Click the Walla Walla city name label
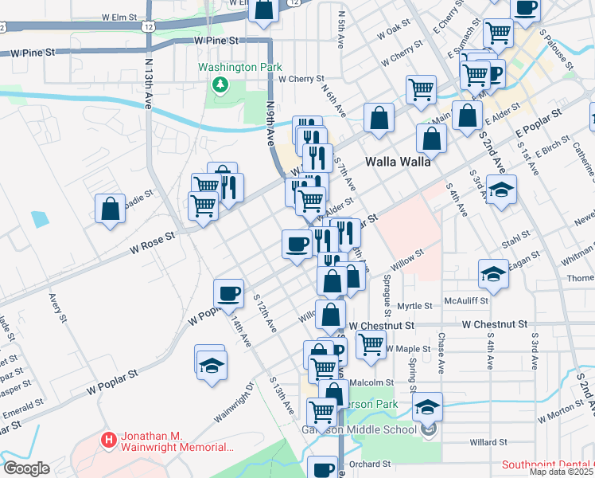(x=398, y=161)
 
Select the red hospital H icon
(x=108, y=439)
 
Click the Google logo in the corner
(x=25, y=468)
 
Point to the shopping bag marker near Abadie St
(x=110, y=209)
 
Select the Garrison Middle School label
(x=358, y=430)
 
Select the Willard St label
(x=488, y=442)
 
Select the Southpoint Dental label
(x=548, y=465)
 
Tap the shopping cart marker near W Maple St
(x=371, y=345)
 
